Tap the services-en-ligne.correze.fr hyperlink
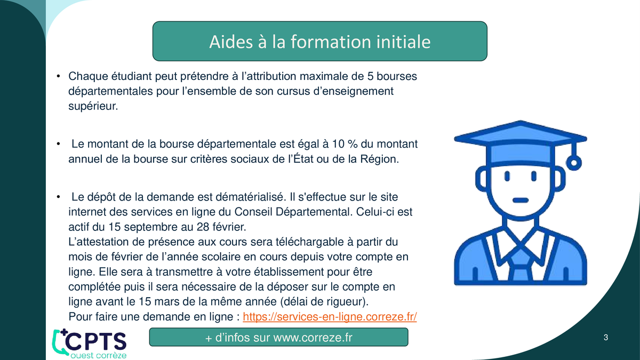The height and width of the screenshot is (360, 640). point(330,317)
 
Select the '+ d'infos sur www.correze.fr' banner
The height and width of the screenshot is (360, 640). point(278,337)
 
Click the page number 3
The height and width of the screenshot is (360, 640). point(606,338)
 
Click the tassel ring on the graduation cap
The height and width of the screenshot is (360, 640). point(574,163)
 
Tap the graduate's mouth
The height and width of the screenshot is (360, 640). point(521,200)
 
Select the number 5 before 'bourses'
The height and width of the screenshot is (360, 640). point(370,76)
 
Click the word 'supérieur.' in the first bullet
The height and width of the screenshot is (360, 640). point(93,107)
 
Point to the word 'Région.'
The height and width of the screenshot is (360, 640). point(379,159)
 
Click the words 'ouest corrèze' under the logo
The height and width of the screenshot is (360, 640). point(99,355)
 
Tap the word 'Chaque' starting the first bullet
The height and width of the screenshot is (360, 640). point(88,77)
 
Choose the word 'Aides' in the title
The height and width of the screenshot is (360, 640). point(231,42)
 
